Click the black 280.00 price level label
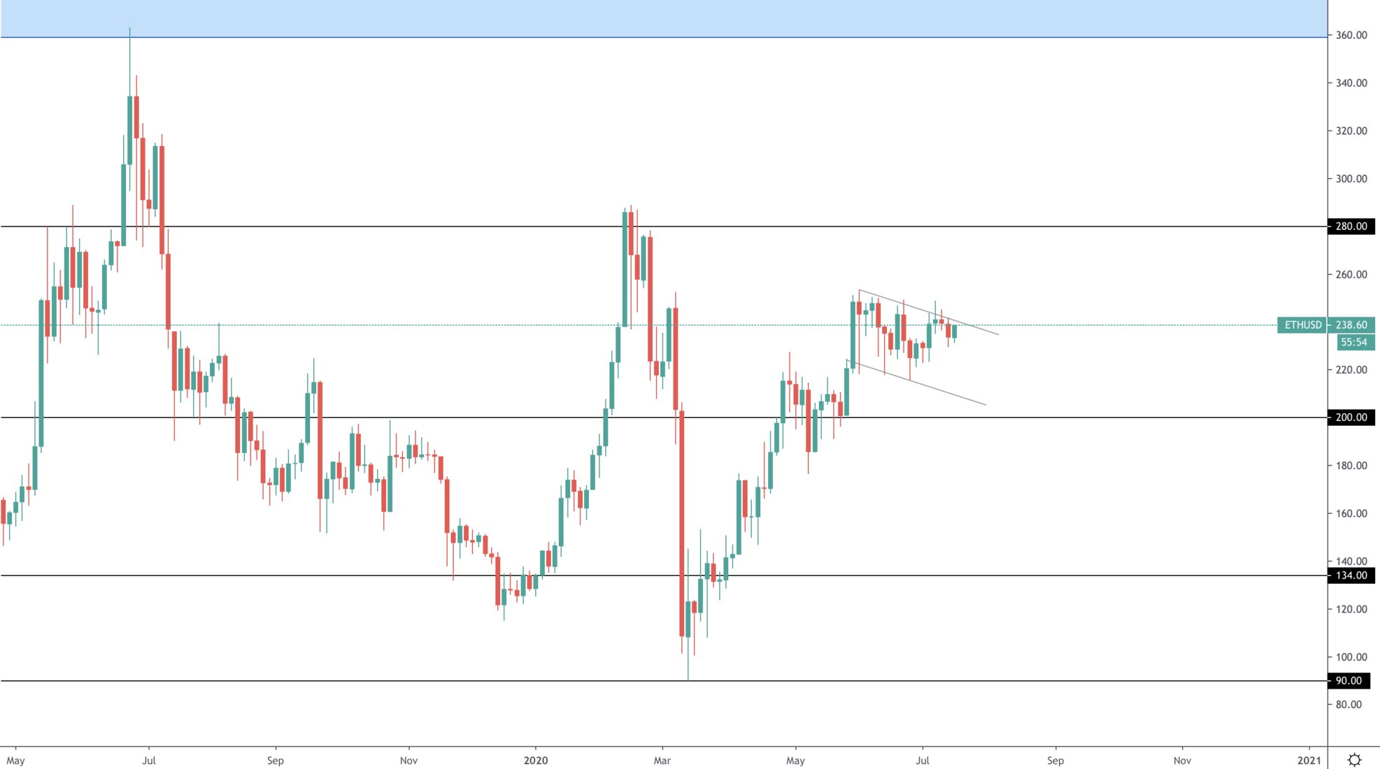point(1351,227)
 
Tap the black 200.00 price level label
point(1351,417)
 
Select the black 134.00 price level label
point(1351,575)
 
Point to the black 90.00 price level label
point(1348,681)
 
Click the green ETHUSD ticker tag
point(1302,325)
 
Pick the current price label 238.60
point(1351,325)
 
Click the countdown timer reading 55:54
point(1353,343)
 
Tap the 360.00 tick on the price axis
point(1351,35)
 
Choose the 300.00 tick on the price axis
point(1351,179)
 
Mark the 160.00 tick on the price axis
point(1351,513)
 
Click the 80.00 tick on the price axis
point(1348,705)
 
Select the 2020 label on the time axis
point(536,761)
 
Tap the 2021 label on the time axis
point(1309,761)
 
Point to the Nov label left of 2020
point(408,761)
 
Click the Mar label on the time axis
point(662,761)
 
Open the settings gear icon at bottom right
point(1354,760)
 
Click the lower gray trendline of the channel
point(923,385)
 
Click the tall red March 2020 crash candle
point(682,524)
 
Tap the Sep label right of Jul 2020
point(1055,761)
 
